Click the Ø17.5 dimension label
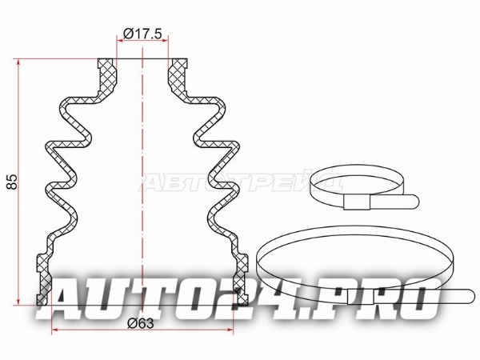(x=142, y=34)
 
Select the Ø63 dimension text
(x=141, y=323)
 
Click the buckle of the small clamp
(x=357, y=202)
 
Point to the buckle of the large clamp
(x=361, y=297)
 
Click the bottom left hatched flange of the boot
(x=44, y=279)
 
